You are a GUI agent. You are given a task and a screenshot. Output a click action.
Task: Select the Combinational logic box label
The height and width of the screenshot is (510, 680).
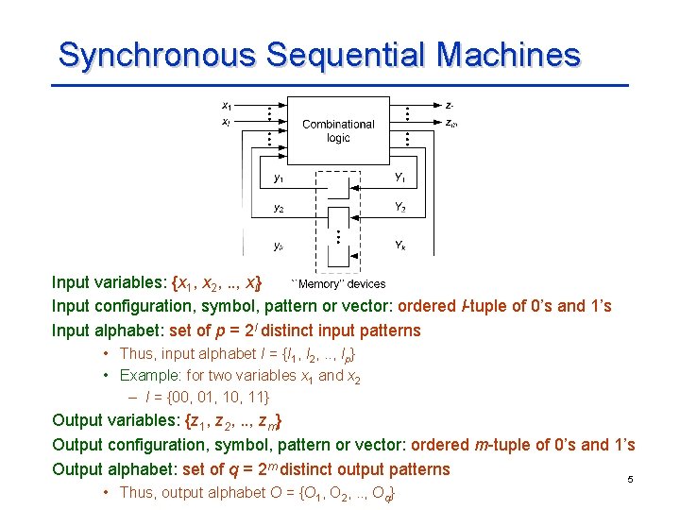(338, 130)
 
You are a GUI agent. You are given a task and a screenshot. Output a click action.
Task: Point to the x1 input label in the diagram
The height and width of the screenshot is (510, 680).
(227, 105)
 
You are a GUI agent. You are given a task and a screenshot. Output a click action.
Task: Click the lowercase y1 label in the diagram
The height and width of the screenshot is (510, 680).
(279, 177)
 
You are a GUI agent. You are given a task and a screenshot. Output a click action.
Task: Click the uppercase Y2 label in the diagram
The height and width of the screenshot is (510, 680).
(400, 208)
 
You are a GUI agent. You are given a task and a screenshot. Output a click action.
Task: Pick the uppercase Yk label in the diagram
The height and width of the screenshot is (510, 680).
(400, 244)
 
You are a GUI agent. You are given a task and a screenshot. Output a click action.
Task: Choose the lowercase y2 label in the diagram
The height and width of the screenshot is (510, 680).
(279, 208)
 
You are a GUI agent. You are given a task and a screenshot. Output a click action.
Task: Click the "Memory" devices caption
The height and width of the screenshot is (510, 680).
(338, 283)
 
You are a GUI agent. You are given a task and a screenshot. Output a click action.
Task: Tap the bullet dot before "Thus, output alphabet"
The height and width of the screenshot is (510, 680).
(109, 492)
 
